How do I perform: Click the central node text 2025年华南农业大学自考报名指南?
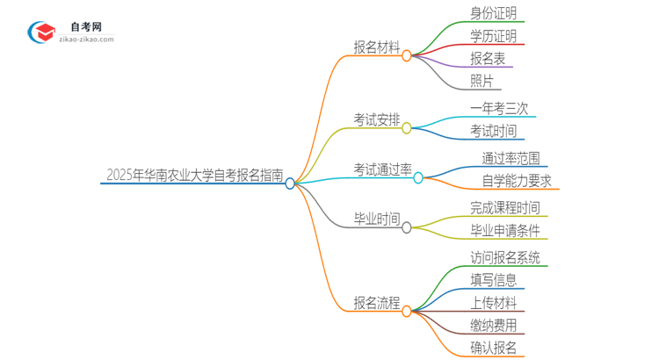[194, 176]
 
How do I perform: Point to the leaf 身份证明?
[493, 13]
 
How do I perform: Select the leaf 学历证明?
[493, 37]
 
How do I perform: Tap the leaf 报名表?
[487, 59]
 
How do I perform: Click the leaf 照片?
[482, 82]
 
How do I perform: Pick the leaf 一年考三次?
[499, 109]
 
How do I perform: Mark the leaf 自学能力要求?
[518, 182]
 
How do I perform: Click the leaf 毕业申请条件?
[505, 231]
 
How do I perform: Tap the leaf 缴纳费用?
[493, 325]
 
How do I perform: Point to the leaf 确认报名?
[493, 348]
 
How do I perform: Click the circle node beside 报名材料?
[407, 55]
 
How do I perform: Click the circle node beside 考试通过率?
[418, 177]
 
